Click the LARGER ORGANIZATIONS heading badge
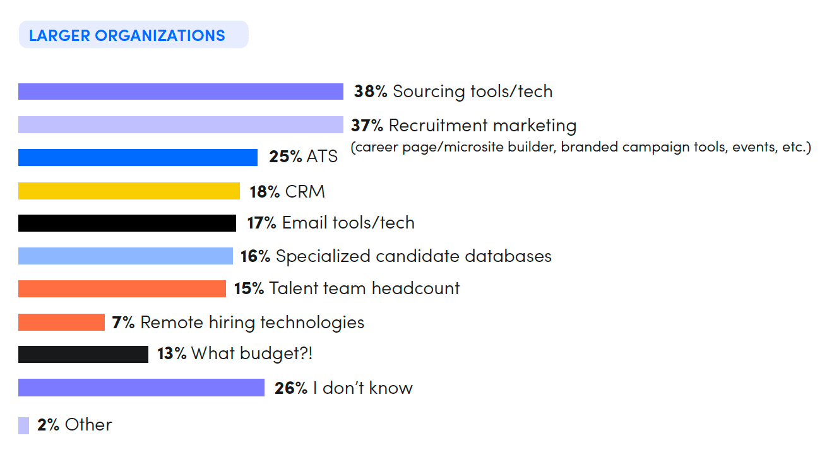(133, 35)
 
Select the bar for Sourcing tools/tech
(181, 92)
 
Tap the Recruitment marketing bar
(181, 125)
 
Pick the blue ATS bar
(138, 157)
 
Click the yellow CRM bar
(129, 191)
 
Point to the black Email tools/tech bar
(127, 223)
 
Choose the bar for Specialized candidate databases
(126, 256)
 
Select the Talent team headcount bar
(122, 288)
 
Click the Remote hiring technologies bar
(61, 322)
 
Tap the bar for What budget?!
(83, 354)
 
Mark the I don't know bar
(141, 388)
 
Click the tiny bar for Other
(23, 425)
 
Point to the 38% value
(371, 92)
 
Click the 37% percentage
(367, 126)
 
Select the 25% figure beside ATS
(285, 157)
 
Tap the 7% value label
(123, 323)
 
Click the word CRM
(305, 191)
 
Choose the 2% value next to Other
(48, 425)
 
